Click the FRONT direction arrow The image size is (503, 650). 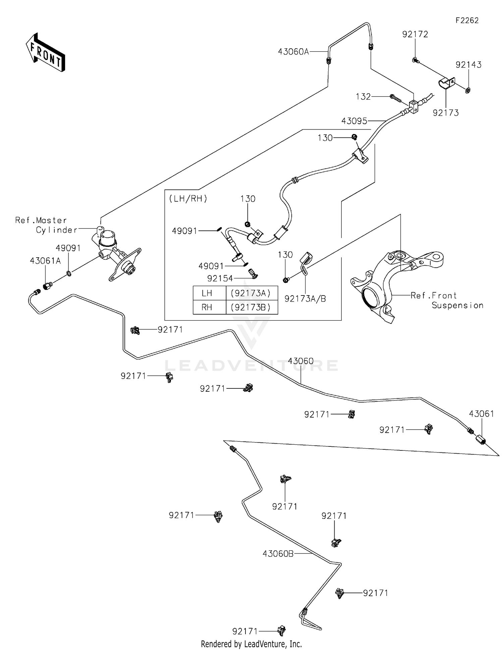coord(45,53)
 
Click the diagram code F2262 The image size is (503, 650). coord(467,20)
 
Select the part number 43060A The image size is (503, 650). coord(293,52)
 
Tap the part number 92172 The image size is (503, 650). coord(415,34)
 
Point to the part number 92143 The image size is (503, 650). coord(468,65)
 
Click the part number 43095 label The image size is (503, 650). coord(354,121)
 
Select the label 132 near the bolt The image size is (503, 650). coord(363,97)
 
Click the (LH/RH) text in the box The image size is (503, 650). coord(188,199)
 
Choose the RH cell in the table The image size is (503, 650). coord(207,307)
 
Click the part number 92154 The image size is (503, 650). coord(220,278)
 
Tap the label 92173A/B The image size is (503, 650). coord(305,299)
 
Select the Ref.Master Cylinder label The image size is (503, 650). coord(46,225)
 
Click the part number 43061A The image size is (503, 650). coord(45,261)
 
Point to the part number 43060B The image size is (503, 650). coord(278,554)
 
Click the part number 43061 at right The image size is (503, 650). coord(481,414)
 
